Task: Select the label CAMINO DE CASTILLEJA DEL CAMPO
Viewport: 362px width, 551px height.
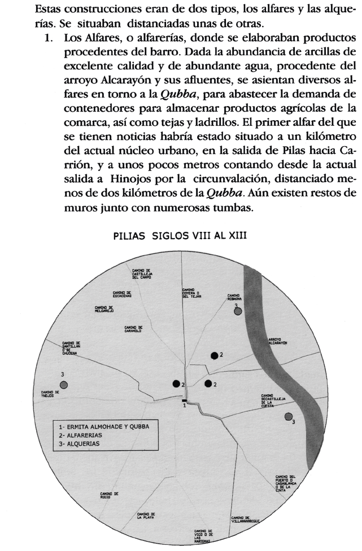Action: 143,275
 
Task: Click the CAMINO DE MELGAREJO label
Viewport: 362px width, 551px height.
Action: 104,309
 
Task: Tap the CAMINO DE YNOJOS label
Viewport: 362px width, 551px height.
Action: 50,393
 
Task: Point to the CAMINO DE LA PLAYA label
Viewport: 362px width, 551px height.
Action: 146,515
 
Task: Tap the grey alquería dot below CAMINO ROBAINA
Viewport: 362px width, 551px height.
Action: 238,311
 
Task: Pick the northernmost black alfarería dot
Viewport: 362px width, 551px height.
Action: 214,355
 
